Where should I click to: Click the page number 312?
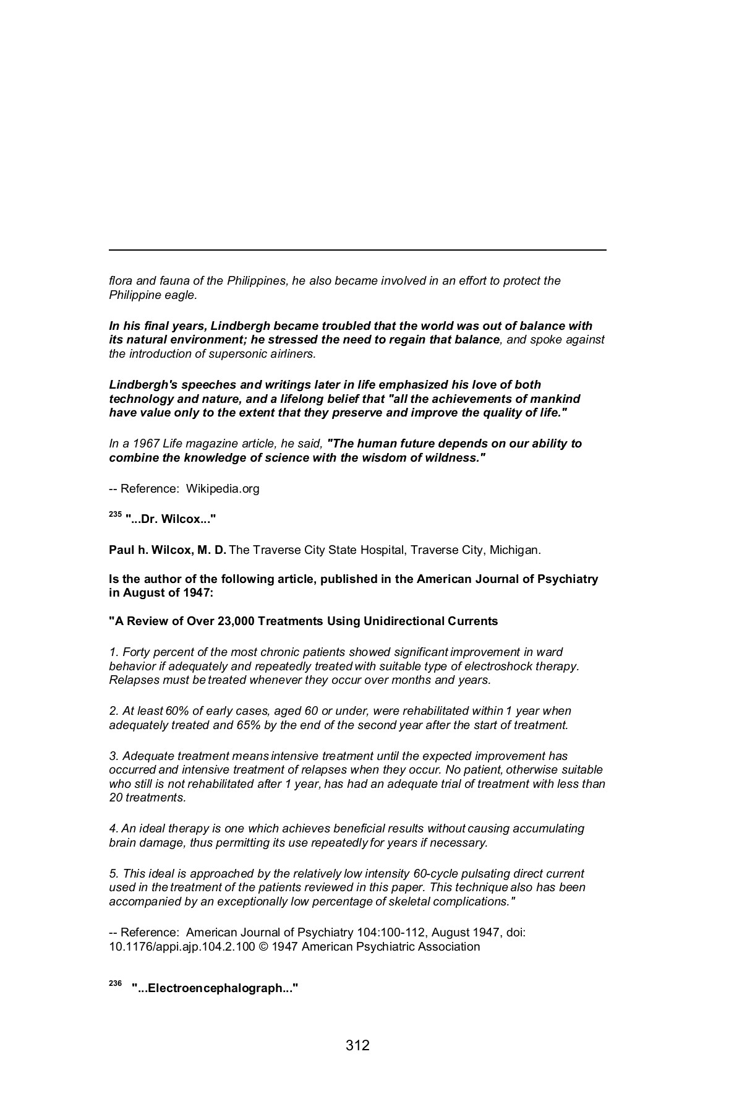(x=357, y=1046)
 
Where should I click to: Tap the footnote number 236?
(x=115, y=984)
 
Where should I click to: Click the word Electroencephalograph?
(x=215, y=989)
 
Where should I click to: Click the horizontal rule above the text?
(x=357, y=250)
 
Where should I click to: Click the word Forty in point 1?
(x=135, y=652)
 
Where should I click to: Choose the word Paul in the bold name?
(x=121, y=550)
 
